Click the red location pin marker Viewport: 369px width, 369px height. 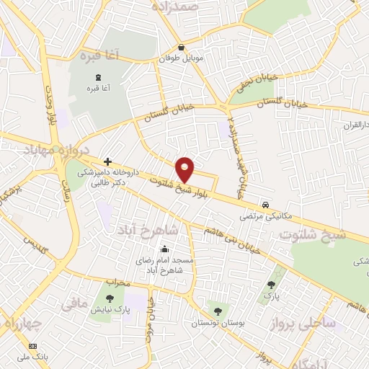pyautogui.click(x=185, y=169)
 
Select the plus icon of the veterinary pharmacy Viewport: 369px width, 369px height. pyautogui.click(x=107, y=161)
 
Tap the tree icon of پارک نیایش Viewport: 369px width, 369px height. pyautogui.click(x=110, y=298)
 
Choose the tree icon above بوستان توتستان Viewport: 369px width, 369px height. pyautogui.click(x=218, y=311)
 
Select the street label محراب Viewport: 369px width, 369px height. pyautogui.click(x=117, y=282)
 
